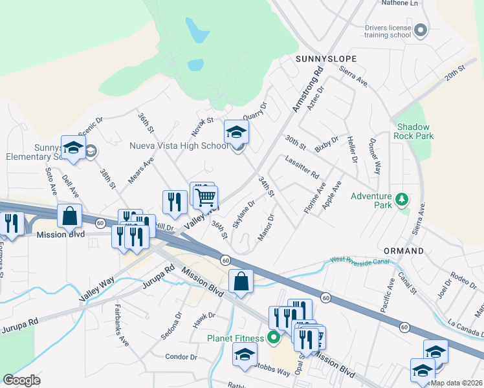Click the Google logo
[21, 380]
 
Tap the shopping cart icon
[206, 197]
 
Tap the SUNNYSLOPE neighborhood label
[327, 58]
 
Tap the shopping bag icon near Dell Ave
[70, 216]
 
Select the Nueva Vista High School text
[183, 146]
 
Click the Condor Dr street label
[181, 356]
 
